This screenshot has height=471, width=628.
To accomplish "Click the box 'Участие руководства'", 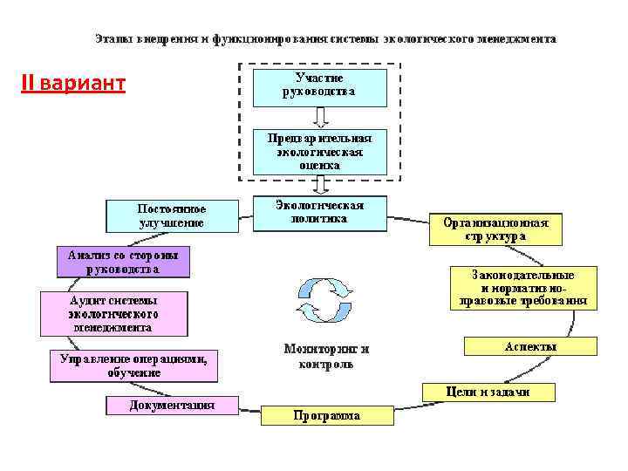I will click(319, 86).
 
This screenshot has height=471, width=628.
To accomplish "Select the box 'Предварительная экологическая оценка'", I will click(319, 151).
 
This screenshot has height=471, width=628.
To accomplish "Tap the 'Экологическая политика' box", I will click(319, 213).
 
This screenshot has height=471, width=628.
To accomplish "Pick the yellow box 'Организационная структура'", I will click(495, 229).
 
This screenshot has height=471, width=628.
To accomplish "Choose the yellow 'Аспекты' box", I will click(530, 346).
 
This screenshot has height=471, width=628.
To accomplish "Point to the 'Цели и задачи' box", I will click(488, 392).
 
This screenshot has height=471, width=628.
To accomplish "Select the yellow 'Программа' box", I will click(326, 416).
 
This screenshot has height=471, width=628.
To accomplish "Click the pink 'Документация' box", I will click(172, 406).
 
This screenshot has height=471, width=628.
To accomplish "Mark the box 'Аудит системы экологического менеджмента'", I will click(113, 313).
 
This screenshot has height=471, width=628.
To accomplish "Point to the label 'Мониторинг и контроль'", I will click(326, 356).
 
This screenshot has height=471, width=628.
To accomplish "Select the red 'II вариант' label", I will click(73, 85).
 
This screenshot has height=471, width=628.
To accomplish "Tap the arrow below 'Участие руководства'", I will click(320, 117).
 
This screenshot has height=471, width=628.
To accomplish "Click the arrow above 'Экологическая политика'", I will click(320, 184).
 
